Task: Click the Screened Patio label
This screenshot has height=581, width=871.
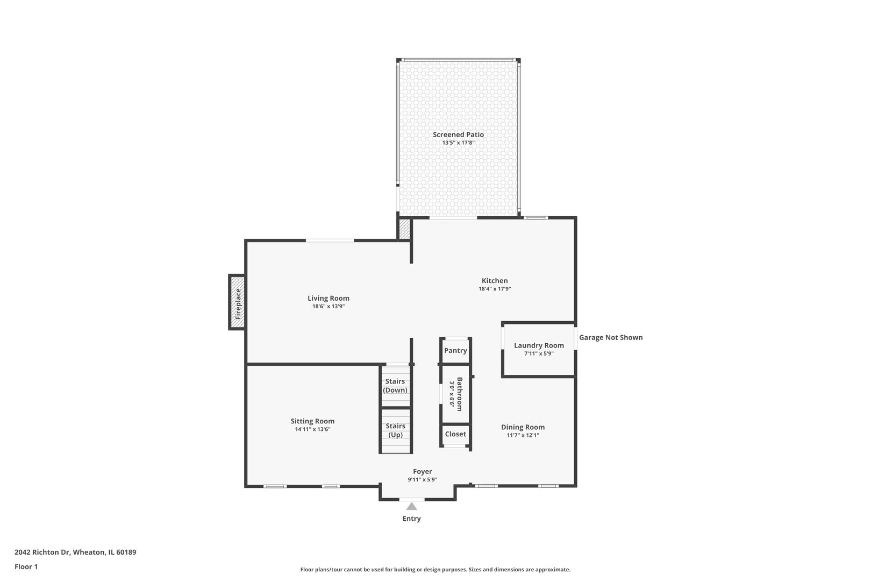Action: tap(458, 134)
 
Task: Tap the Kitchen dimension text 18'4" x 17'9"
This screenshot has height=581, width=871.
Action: tap(495, 289)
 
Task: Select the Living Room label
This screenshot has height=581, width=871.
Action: tap(329, 299)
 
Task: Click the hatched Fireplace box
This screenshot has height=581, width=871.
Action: tap(237, 302)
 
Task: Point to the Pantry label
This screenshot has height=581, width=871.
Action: tap(455, 351)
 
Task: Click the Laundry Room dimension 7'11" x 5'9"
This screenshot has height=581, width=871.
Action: tap(539, 354)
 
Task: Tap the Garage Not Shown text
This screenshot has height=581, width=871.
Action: tap(611, 337)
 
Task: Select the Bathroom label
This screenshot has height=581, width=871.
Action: tap(460, 394)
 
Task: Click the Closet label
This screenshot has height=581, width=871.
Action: tap(455, 434)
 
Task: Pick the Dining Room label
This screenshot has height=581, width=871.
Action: tap(523, 427)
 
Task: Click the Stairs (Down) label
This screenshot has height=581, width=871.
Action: tap(395, 386)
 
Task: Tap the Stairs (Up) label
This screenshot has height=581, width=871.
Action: tap(396, 430)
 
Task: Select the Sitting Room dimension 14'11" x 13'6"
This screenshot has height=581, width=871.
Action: tap(312, 429)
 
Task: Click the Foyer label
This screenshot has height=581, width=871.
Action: tap(422, 472)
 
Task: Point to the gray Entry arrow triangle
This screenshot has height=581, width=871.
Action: tap(411, 507)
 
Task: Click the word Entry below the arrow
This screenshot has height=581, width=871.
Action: tap(411, 519)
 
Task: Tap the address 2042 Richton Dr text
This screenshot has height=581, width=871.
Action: tap(42, 552)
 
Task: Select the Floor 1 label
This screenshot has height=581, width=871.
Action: tap(26, 566)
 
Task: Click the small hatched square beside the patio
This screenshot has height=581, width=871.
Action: tap(404, 229)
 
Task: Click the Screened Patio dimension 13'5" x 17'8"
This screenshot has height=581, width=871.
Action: tap(458, 143)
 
